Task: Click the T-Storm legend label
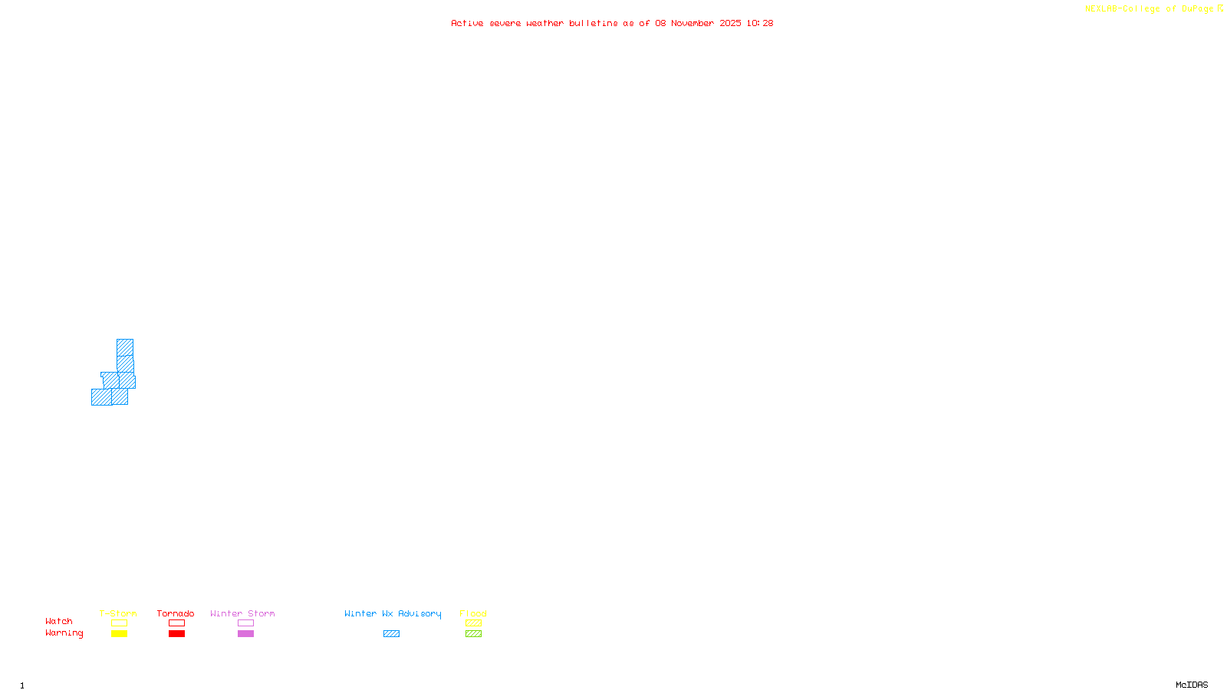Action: point(118,613)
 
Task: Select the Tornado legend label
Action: point(176,613)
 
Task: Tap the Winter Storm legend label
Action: point(242,613)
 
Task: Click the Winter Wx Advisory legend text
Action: point(393,613)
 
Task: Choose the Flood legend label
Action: point(473,613)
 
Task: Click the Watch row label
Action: point(59,621)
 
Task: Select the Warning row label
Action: point(64,633)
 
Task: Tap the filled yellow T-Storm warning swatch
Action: point(119,634)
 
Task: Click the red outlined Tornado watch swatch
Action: point(176,623)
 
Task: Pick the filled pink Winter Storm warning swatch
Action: point(245,634)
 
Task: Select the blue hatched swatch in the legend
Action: point(391,634)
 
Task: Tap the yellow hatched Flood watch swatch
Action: point(473,623)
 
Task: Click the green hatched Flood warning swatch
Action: point(473,634)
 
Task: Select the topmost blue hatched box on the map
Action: point(125,347)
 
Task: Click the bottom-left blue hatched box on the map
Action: point(101,397)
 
